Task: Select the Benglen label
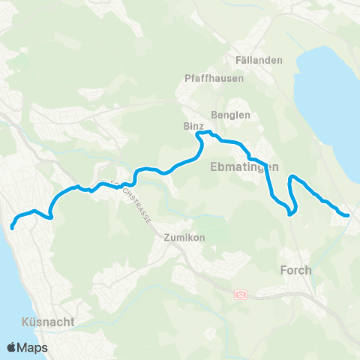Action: click(230, 115)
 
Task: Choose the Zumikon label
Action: click(184, 237)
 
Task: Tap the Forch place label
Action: click(295, 270)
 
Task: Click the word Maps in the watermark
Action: click(34, 347)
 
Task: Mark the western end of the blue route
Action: click(12, 226)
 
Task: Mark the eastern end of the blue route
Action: click(348, 216)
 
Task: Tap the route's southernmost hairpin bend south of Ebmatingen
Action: click(290, 212)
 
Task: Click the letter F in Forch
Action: click(283, 270)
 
